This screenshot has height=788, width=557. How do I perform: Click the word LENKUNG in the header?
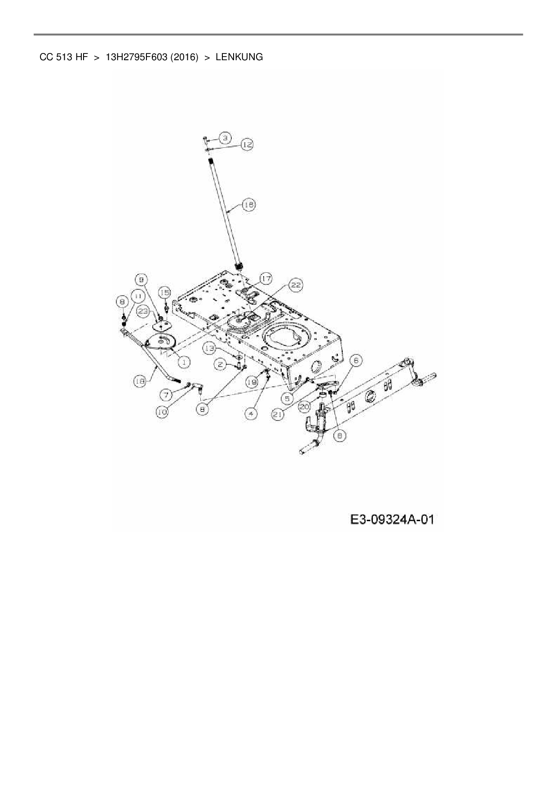[239, 58]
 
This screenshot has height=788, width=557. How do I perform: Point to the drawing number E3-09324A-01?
[392, 520]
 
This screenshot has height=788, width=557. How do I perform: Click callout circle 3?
[225, 137]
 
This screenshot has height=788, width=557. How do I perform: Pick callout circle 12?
[247, 144]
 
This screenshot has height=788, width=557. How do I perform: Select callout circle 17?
[265, 279]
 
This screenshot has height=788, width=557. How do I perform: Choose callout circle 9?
[142, 280]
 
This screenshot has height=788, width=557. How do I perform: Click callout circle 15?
[165, 292]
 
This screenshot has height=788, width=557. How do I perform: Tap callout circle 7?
[166, 395]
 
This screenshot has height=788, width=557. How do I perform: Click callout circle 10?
[163, 412]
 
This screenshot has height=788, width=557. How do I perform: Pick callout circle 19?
[252, 382]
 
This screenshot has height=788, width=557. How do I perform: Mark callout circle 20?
[305, 407]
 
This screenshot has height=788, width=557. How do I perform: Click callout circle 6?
[356, 360]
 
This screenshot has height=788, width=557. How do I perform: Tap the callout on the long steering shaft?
[248, 205]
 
